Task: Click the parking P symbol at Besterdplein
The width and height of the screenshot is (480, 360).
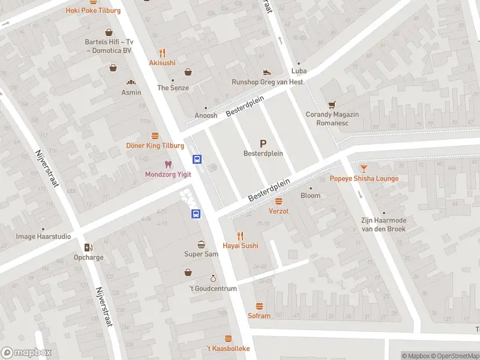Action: pyautogui.click(x=263, y=143)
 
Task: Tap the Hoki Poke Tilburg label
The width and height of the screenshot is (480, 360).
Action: pyautogui.click(x=93, y=11)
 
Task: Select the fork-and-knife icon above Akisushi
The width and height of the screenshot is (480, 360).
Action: pyautogui.click(x=162, y=52)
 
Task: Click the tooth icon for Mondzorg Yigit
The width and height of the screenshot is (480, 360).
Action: pyautogui.click(x=168, y=164)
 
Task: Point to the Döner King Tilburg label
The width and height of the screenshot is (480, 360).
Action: pyautogui.click(x=155, y=146)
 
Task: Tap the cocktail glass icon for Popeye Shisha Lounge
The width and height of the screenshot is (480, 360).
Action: pyautogui.click(x=364, y=168)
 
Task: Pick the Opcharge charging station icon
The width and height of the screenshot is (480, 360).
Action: pyautogui.click(x=89, y=247)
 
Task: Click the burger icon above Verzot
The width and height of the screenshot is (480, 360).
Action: pyautogui.click(x=278, y=201)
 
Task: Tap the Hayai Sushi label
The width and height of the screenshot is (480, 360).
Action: pyautogui.click(x=240, y=246)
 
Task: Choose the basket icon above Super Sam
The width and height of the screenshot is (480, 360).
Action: pyautogui.click(x=201, y=244)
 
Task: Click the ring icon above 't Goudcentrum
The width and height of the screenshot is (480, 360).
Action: pyautogui.click(x=212, y=278)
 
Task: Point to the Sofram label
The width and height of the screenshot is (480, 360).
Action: pyautogui.click(x=259, y=316)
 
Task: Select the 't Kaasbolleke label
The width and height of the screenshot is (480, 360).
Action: pyautogui.click(x=228, y=349)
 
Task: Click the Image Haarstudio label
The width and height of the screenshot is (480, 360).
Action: pyautogui.click(x=43, y=236)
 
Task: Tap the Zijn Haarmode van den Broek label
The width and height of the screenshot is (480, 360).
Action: pyautogui.click(x=383, y=224)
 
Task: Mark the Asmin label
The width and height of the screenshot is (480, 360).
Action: pyautogui.click(x=131, y=92)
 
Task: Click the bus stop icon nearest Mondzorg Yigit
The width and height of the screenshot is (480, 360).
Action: pyautogui.click(x=197, y=159)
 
